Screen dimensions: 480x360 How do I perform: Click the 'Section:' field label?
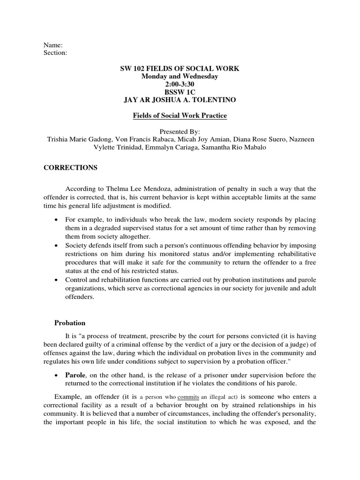pyautogui.click(x=55, y=53)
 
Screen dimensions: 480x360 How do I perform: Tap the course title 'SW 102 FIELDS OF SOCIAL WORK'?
pyautogui.click(x=180, y=68)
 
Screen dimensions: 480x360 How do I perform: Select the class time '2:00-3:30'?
pyautogui.click(x=180, y=84)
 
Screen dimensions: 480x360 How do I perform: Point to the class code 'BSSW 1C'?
pyautogui.click(x=180, y=92)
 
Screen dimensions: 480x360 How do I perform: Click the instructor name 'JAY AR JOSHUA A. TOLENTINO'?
pyautogui.click(x=180, y=100)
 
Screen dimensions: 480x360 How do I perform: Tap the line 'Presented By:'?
pyautogui.click(x=180, y=131)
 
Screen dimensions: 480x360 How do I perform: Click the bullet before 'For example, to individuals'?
pyautogui.click(x=57, y=220)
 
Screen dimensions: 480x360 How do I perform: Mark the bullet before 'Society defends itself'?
pyautogui.click(x=57, y=245)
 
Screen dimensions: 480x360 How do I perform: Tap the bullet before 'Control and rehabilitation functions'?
pyautogui.click(x=57, y=280)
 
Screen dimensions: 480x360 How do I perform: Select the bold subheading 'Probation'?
pyautogui.click(x=70, y=323)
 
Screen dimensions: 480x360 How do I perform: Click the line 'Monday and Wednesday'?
pyautogui.click(x=180, y=76)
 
